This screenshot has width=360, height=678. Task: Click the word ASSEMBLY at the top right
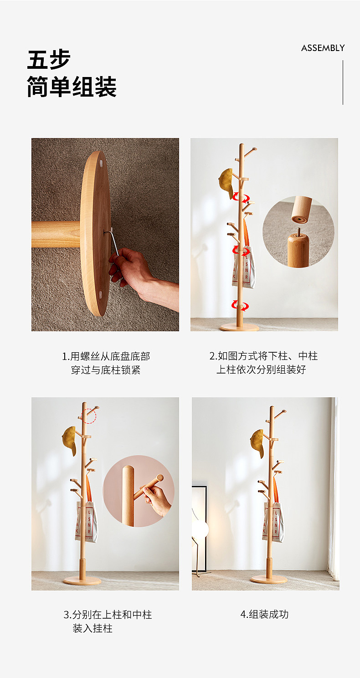click(x=323, y=48)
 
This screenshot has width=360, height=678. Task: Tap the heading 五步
click(x=49, y=60)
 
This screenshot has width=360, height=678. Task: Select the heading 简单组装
click(x=72, y=87)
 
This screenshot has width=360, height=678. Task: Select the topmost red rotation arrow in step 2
click(x=240, y=197)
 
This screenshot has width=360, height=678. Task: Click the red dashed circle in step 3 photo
click(x=89, y=416)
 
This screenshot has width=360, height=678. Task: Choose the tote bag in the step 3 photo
click(x=87, y=522)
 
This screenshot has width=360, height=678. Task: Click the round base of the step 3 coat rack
click(x=82, y=581)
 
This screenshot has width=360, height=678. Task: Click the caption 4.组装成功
click(x=264, y=614)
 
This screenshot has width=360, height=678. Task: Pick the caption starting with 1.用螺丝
click(x=106, y=356)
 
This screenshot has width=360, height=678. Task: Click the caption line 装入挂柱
click(x=93, y=628)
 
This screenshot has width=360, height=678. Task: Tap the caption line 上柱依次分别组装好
click(x=261, y=370)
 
